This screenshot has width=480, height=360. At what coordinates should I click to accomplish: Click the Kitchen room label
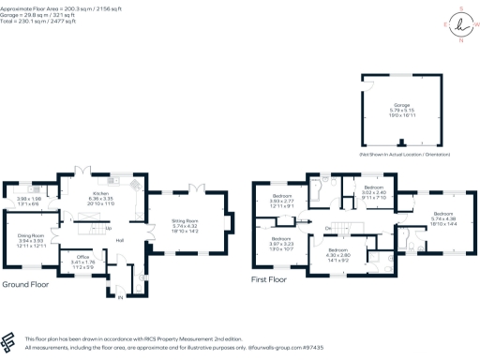pyautogui.click(x=101, y=193)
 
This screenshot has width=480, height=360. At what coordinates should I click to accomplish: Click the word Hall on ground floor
pyautogui.click(x=120, y=240)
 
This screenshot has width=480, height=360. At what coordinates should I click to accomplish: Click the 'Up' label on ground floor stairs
pyautogui.click(x=111, y=228)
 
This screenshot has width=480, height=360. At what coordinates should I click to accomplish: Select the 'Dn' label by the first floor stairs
pyautogui.click(x=328, y=227)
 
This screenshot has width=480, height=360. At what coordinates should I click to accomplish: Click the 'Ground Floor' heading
pyautogui.click(x=26, y=283)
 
